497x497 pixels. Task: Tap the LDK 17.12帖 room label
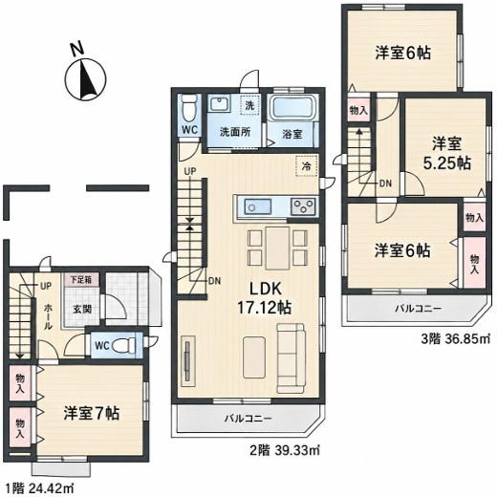(264, 298)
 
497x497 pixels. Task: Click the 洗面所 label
(235, 132)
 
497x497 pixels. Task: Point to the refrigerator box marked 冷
(307, 166)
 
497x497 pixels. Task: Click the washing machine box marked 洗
(249, 104)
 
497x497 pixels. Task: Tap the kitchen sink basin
(258, 207)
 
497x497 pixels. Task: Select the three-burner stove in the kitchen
(303, 206)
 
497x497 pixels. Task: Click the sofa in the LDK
(291, 357)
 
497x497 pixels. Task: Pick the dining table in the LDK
(278, 248)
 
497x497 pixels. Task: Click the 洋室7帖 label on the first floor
(92, 413)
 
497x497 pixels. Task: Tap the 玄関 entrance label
(82, 309)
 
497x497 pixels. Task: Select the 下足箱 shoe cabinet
(81, 280)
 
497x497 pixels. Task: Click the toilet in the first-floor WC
(123, 345)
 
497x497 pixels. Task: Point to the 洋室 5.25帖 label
(446, 154)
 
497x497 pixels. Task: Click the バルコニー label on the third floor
(418, 309)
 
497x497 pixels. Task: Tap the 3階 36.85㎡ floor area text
(455, 338)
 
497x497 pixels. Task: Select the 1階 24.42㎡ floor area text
(39, 487)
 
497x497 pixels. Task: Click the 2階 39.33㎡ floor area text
(283, 450)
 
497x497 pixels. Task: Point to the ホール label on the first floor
(48, 316)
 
